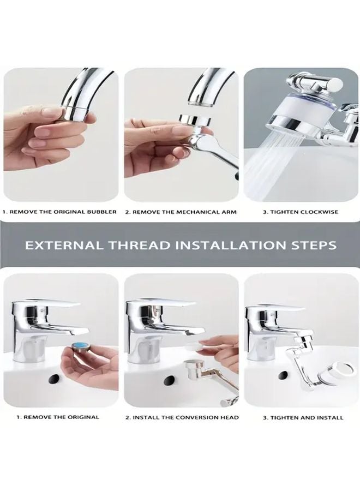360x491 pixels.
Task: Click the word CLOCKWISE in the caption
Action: [319, 212]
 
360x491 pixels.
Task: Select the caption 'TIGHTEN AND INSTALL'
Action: [303, 417]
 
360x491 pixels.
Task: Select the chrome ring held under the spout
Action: [195, 121]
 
